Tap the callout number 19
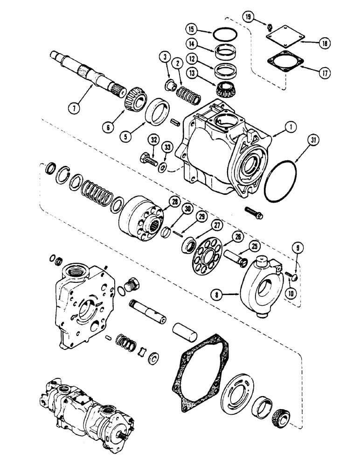248,17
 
